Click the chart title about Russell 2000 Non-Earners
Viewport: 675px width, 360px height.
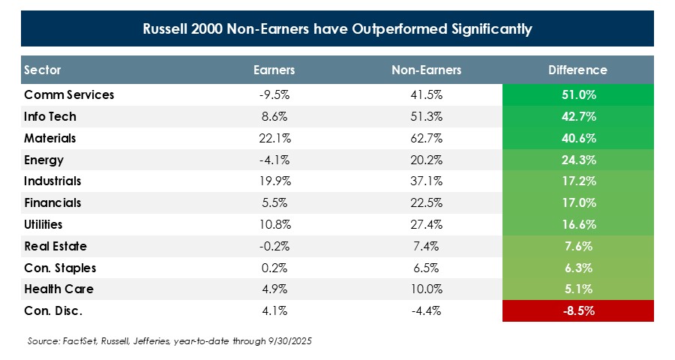tap(337, 30)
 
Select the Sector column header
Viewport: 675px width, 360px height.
tap(43, 70)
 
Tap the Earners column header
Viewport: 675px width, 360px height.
tap(274, 70)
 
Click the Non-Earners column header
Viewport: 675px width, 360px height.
tap(426, 70)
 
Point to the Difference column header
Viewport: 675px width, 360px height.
tap(577, 70)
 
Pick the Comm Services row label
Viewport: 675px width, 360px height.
tap(69, 95)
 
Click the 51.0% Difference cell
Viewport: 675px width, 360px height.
tap(577, 95)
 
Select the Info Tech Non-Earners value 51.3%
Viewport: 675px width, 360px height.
tap(426, 117)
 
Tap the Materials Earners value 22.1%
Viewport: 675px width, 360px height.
tap(274, 139)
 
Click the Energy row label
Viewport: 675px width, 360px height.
tap(44, 160)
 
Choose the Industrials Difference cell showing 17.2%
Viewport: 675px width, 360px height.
tap(577, 181)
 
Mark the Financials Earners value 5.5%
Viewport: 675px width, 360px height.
tap(274, 203)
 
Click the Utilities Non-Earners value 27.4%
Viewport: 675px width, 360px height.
tap(426, 224)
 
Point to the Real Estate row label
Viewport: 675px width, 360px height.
tap(55, 246)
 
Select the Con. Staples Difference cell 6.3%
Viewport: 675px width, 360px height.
tap(577, 268)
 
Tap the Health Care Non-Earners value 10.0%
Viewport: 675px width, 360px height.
tap(426, 289)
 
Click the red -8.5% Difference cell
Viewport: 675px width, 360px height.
tap(577, 310)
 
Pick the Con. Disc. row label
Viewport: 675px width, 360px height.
tap(51, 310)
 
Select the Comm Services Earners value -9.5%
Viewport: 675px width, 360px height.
tap(274, 95)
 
